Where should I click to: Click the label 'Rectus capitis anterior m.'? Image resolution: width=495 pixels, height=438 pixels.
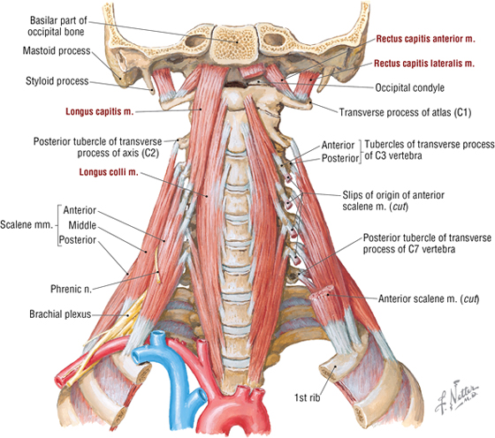click(425, 39)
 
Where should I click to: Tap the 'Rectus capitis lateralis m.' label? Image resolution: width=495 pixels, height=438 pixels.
click(424, 64)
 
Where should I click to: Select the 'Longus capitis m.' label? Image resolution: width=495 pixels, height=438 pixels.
click(99, 111)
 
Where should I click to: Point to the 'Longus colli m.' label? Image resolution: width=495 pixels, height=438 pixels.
click(109, 172)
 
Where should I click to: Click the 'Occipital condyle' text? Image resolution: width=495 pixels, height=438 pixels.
click(409, 87)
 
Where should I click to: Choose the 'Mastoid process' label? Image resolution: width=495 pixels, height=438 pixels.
click(57, 50)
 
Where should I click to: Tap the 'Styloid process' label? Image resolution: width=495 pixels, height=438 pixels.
click(57, 81)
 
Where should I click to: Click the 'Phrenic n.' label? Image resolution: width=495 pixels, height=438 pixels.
click(71, 289)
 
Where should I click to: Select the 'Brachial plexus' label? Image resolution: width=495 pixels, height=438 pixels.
click(60, 314)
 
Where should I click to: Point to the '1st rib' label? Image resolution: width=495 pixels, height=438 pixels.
click(308, 397)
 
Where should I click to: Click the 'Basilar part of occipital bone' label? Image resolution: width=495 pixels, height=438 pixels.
click(57, 26)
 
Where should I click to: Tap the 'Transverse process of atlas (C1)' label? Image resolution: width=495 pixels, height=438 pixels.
click(406, 112)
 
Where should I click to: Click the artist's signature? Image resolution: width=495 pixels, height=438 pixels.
click(456, 399)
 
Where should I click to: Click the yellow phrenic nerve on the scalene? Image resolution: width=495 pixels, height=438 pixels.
click(157, 265)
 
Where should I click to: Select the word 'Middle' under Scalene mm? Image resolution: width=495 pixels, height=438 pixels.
click(82, 225)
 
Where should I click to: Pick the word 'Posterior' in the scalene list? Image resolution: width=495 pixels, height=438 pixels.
click(78, 240)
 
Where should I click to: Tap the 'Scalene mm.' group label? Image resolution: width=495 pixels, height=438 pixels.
click(27, 225)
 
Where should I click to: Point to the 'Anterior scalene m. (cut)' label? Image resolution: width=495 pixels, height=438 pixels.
click(429, 298)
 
